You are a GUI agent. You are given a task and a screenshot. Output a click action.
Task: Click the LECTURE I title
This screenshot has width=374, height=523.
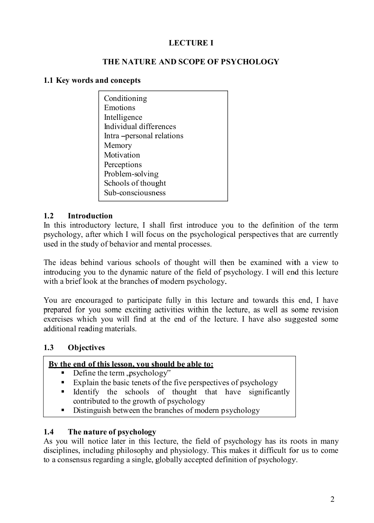point(191,43)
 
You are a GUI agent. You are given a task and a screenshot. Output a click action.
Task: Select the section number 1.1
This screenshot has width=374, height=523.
point(48,80)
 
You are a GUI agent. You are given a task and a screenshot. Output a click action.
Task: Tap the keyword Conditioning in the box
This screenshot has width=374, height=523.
point(125,99)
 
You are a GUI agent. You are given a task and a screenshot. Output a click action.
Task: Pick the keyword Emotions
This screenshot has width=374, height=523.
point(119,108)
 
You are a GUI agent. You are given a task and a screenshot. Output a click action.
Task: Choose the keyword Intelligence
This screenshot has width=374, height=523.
point(123,117)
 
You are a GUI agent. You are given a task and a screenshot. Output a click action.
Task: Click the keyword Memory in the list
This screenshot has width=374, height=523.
point(118,146)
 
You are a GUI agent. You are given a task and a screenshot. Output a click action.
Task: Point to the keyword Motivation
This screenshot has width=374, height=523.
point(122,155)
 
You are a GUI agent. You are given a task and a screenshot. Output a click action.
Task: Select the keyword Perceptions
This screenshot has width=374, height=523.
point(122,165)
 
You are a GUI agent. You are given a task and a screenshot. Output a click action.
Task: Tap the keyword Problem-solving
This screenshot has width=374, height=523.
point(131,174)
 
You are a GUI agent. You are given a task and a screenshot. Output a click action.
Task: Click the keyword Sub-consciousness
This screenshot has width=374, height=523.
point(134,193)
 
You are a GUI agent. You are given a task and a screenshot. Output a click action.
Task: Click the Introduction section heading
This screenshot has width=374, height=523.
point(90,216)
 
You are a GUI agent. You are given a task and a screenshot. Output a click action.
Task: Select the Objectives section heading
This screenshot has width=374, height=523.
point(86,348)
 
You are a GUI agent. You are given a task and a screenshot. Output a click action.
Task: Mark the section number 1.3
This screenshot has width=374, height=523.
point(49,348)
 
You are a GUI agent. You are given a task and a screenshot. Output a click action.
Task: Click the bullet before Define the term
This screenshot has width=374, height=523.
point(63,373)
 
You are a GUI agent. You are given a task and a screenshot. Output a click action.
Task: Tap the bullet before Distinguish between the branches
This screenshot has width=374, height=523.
point(63,410)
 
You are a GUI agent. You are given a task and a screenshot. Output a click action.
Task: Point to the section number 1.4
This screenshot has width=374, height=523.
point(49,432)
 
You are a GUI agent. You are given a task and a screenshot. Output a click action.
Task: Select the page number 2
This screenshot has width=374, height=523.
point(332,500)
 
